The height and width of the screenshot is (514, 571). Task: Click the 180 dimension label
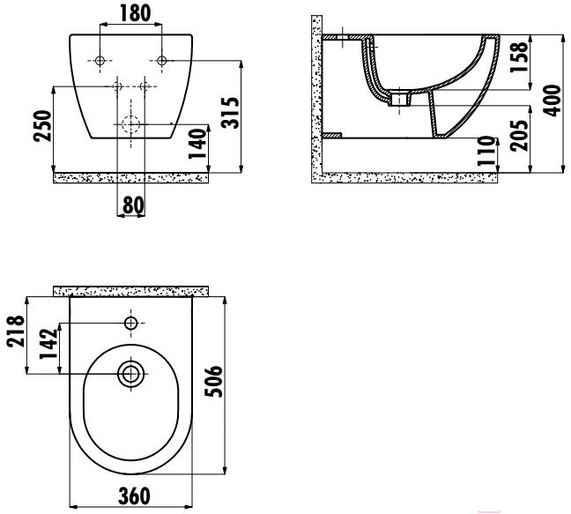tap(135, 13)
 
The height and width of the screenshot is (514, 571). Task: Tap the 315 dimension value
tap(231, 113)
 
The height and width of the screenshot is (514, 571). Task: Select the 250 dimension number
tap(42, 126)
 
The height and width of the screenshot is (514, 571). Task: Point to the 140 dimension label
tap(197, 144)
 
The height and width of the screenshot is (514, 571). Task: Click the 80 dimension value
tap(133, 205)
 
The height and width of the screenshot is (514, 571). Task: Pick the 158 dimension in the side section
tap(518, 57)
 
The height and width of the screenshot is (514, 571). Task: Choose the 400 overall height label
tap(552, 101)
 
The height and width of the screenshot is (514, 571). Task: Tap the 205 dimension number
tap(518, 135)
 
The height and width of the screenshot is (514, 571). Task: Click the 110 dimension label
tap(487, 151)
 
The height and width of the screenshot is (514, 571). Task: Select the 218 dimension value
tap(16, 331)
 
